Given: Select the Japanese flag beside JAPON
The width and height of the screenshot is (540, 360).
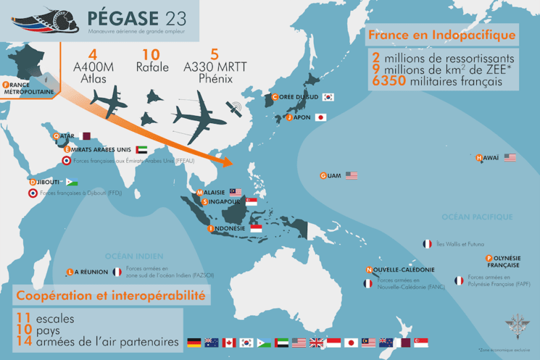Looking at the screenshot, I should click(320, 117).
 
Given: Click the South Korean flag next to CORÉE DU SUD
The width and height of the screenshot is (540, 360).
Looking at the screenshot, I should click(328, 97).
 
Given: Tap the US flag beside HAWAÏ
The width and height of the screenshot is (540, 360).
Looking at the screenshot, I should click(510, 158).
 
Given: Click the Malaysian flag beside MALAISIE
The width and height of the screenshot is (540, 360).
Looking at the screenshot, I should click(236, 192).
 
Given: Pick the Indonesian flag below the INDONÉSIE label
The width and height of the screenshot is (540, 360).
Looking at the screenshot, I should click(256, 229).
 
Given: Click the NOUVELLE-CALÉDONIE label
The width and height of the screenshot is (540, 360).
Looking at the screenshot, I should click(402, 270).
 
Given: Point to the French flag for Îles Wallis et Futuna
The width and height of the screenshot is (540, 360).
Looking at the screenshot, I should click(428, 244).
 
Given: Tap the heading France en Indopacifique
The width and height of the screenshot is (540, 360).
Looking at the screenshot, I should click(442, 35).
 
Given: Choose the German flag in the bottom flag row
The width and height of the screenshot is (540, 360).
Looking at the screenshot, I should click(194, 343).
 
